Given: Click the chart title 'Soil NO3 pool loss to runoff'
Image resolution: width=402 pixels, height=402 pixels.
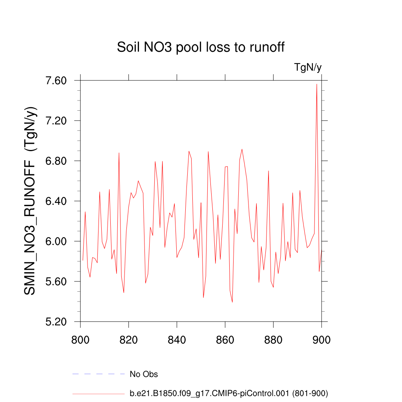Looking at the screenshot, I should click(x=201, y=48).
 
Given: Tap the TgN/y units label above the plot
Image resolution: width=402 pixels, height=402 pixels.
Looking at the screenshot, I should click(x=308, y=68).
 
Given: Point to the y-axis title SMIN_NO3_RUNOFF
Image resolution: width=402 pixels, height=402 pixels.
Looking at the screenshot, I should click(x=31, y=201).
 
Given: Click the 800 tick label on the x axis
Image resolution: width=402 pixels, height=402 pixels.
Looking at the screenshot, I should click(x=80, y=340).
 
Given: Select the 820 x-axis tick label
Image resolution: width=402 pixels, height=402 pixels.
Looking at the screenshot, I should click(x=129, y=340).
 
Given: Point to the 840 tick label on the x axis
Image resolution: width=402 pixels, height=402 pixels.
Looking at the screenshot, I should click(x=177, y=340).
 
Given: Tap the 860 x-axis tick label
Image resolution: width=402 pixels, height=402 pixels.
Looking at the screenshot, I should click(x=225, y=340).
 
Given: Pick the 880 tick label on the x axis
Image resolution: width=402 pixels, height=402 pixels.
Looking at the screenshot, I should click(x=273, y=340).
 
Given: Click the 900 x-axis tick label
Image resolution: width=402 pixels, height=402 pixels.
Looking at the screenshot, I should click(x=322, y=340).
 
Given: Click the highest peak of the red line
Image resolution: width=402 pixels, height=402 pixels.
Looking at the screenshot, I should click(x=316, y=84).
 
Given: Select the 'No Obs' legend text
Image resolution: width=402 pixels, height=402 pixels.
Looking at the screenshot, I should click(x=144, y=375).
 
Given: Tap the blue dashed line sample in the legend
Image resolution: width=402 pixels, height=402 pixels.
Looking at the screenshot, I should click(x=98, y=374).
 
